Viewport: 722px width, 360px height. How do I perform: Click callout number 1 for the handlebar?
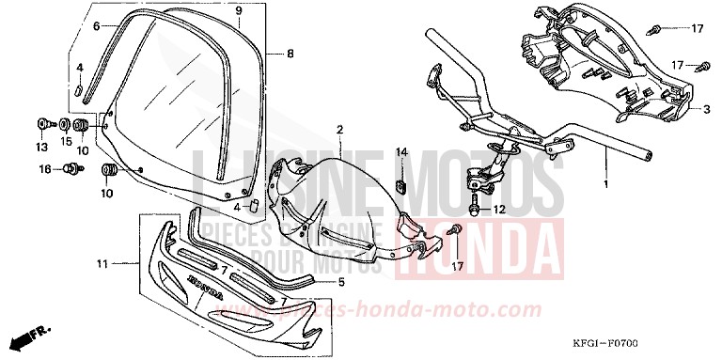(x=606, y=184)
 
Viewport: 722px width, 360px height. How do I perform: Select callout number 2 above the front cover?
(x=339, y=129)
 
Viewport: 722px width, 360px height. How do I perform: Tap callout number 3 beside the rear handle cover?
(x=705, y=109)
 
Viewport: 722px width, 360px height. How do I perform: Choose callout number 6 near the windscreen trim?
(x=96, y=26)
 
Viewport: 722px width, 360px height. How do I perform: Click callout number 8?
(x=290, y=54)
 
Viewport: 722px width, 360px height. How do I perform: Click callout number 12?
(x=501, y=209)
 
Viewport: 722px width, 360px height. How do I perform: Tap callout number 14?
(x=400, y=152)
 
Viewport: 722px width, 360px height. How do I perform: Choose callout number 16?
(x=44, y=169)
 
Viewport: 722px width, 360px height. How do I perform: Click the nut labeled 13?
(x=43, y=123)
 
